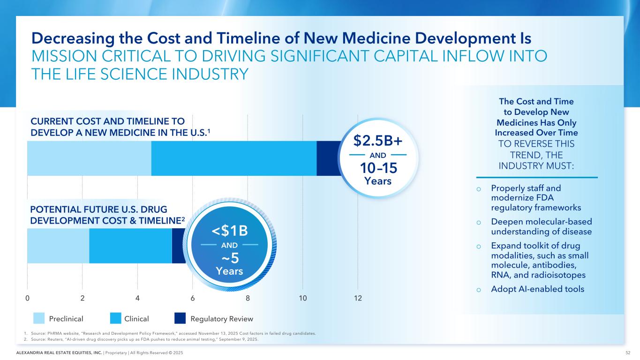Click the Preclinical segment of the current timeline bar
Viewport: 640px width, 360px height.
click(x=89, y=158)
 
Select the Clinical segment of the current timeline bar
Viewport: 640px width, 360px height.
click(x=233, y=158)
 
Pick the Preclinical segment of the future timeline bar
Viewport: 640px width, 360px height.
click(x=58, y=246)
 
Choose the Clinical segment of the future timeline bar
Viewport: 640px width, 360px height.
click(x=130, y=246)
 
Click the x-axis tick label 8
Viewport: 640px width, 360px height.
click(x=248, y=298)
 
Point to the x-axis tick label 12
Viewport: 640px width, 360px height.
click(x=358, y=298)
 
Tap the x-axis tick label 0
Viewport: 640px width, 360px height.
click(x=27, y=298)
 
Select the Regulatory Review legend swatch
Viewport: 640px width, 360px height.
click(x=180, y=319)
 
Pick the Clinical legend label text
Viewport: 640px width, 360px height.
click(x=136, y=319)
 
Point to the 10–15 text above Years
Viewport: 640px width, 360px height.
click(x=378, y=168)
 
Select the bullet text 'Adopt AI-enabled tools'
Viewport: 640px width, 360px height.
click(x=537, y=289)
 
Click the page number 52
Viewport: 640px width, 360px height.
click(x=627, y=352)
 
